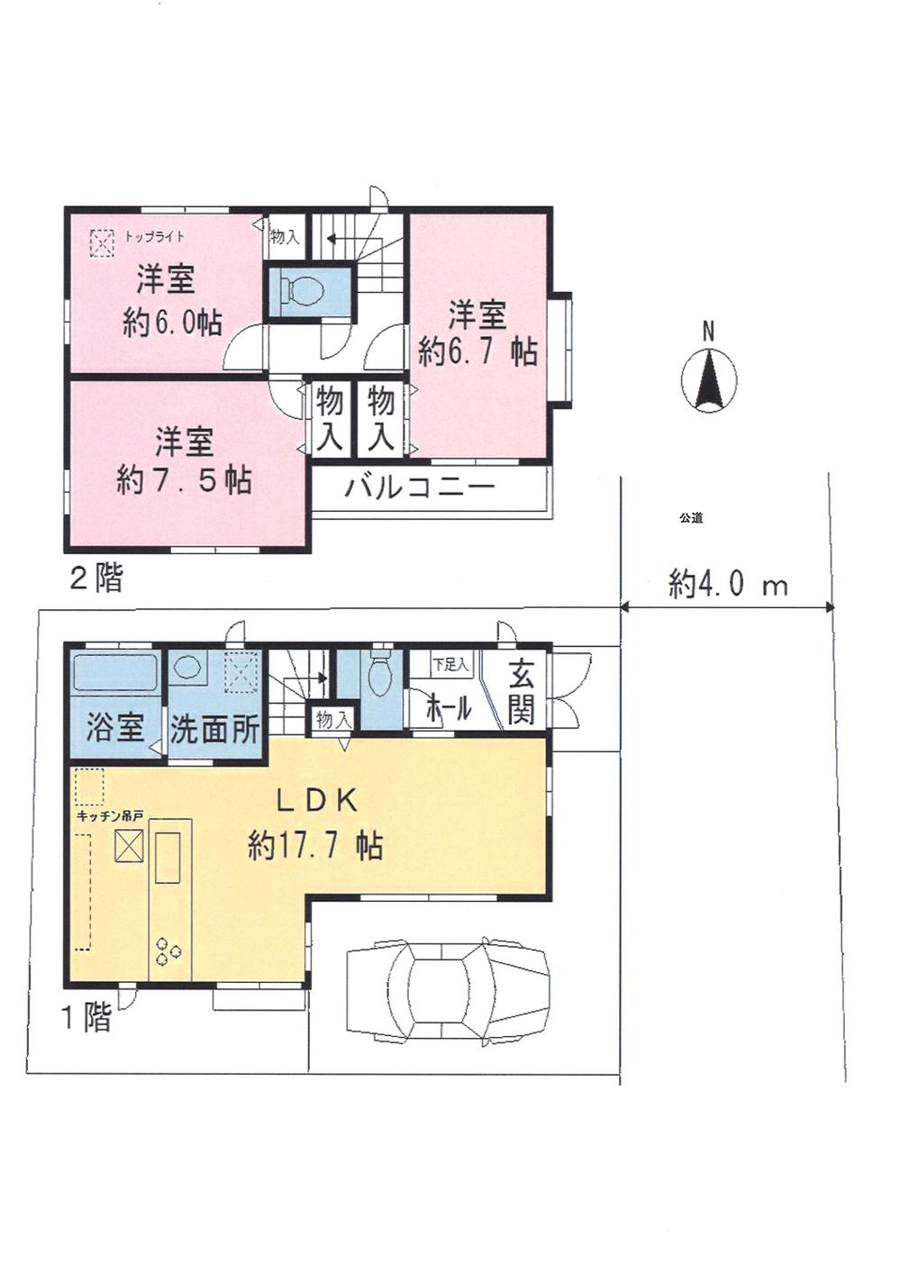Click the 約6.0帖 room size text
coord(172,322)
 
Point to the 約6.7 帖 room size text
coord(477,350)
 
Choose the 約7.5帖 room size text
coord(184,480)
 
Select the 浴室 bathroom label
coord(115,727)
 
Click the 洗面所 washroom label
coord(214,728)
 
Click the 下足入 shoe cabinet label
coord(450,665)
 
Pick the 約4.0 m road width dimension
coord(728,585)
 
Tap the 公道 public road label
coord(691,518)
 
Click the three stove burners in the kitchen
coord(167,951)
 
